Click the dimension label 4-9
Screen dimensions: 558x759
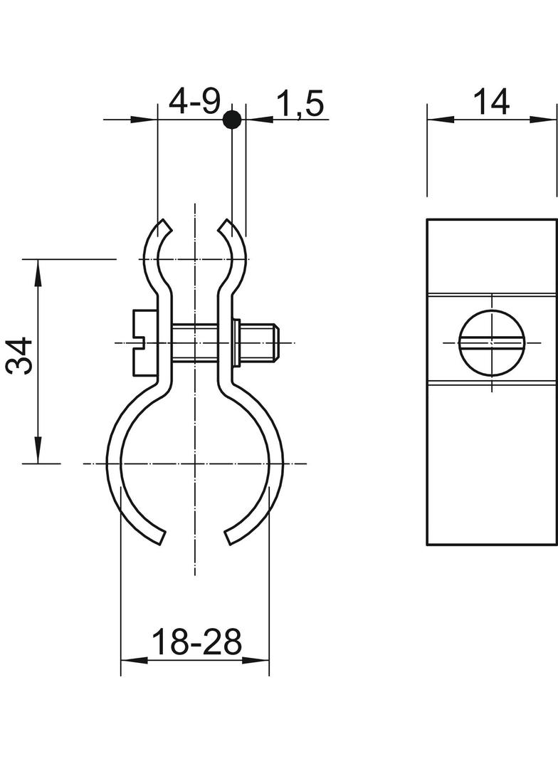point(194,102)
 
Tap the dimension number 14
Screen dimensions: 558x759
point(491,102)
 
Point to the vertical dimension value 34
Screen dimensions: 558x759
point(19,357)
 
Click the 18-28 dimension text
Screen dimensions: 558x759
point(196,642)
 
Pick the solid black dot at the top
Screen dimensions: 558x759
point(232,119)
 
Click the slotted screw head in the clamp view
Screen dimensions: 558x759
point(144,342)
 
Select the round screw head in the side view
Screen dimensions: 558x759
point(492,344)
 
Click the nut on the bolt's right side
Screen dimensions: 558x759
point(236,342)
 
